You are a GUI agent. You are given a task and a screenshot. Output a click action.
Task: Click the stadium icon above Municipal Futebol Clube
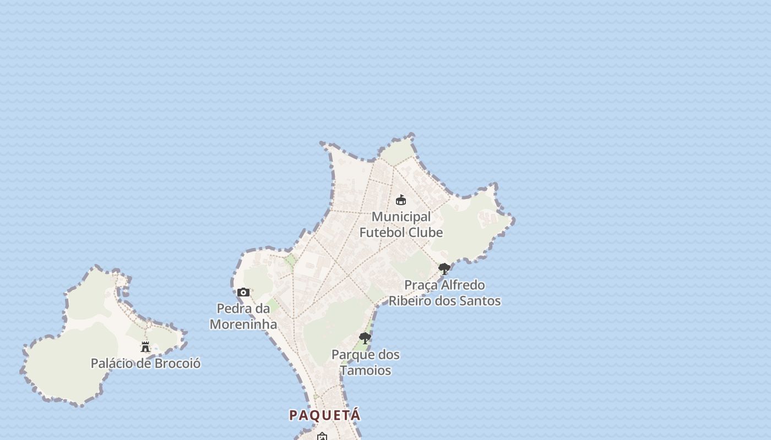coord(401,200)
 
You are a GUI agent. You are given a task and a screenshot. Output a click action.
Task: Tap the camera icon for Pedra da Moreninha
coord(243,292)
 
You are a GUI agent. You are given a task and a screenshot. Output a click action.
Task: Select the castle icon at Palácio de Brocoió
coord(145,346)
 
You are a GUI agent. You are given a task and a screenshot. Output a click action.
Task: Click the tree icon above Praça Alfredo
coord(444,269)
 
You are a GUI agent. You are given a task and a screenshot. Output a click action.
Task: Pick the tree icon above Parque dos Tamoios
coord(365,338)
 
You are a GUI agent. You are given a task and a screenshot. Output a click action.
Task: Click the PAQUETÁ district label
coord(325,415)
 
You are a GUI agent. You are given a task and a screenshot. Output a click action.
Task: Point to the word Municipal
coord(401,217)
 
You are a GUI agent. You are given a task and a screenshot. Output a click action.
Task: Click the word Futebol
coord(382,233)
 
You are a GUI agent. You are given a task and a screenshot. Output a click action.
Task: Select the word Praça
coord(421,285)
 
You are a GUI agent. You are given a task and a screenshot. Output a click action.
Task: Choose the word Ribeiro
coord(410,301)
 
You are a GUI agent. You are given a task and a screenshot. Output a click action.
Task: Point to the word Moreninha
coord(243,324)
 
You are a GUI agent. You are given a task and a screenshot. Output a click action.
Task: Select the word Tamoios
coord(366,371)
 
